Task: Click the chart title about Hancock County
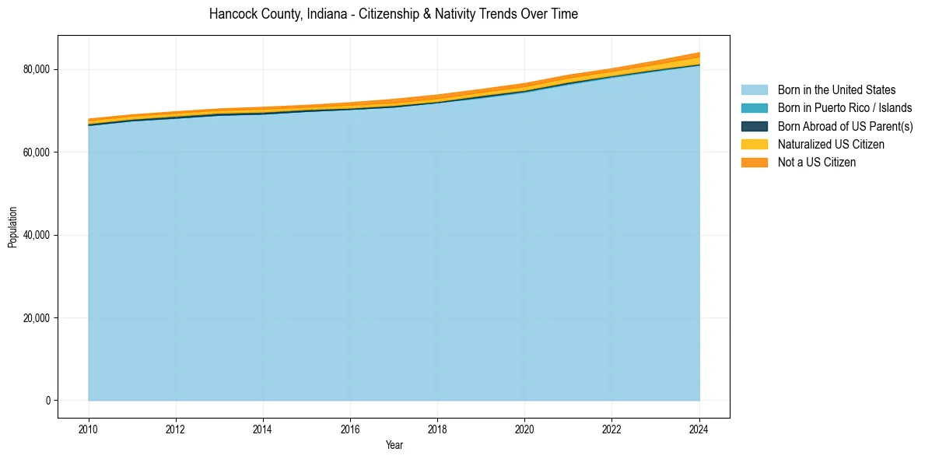tap(393, 14)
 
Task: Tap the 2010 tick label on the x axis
tap(89, 428)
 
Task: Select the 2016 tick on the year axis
tap(351, 428)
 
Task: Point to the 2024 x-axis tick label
tap(699, 428)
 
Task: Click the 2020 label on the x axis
tap(525, 428)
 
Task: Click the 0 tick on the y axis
tap(47, 401)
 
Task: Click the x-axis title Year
tap(394, 445)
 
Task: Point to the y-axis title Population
tap(12, 227)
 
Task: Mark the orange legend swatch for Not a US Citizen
tap(754, 163)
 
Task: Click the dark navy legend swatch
tap(754, 127)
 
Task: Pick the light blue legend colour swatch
tap(754, 90)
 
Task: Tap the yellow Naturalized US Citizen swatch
tap(754, 145)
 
